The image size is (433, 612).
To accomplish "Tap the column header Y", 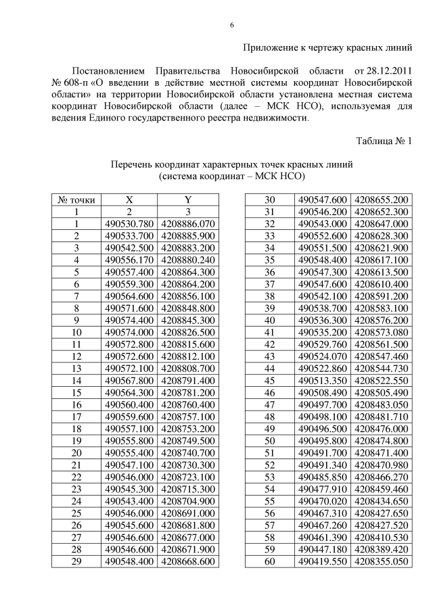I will pyautogui.click(x=187, y=200).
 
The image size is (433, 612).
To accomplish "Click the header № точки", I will pyautogui.click(x=76, y=200).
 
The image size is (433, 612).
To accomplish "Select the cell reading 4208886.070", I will pyautogui.click(x=187, y=224).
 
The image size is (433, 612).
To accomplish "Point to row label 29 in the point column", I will pyautogui.click(x=76, y=561).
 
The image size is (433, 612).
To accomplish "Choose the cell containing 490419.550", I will pyautogui.click(x=322, y=561).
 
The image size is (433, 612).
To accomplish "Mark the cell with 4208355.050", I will pyautogui.click(x=382, y=561).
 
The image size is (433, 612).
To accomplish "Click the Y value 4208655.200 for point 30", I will pyautogui.click(x=382, y=200).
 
